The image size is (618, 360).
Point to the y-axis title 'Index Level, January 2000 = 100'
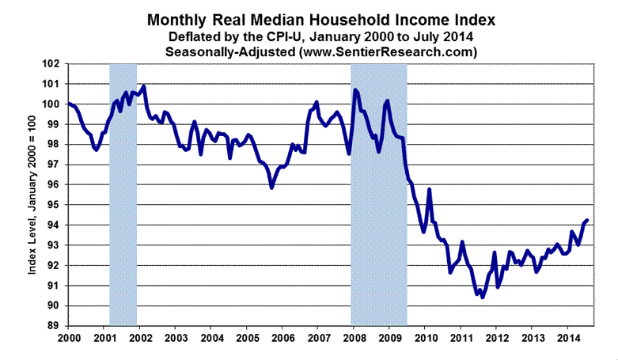coord(34,195)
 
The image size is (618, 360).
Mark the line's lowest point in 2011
coord(483,297)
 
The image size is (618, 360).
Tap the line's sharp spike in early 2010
coord(429,189)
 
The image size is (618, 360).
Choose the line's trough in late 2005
coord(271,188)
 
